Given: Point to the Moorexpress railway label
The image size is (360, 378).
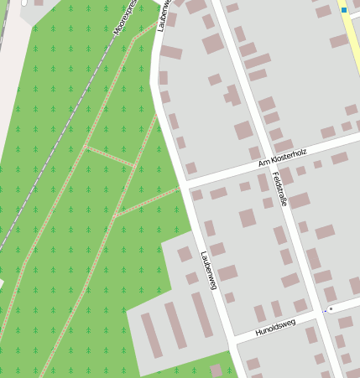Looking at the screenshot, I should (x=126, y=18).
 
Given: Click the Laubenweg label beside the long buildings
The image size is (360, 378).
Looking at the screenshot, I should (x=209, y=270).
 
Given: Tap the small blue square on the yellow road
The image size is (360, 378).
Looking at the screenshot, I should (x=344, y=10).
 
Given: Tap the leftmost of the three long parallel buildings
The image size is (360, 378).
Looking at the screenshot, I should (x=152, y=334).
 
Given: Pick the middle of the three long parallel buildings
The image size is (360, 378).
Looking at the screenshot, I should (x=176, y=325).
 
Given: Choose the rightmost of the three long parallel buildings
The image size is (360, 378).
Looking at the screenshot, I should (x=202, y=314).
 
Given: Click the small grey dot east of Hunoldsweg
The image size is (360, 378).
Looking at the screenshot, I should (x=331, y=308).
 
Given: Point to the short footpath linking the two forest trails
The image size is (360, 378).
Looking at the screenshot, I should (x=110, y=157).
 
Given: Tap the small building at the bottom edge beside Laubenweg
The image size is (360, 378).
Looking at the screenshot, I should (x=217, y=370).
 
